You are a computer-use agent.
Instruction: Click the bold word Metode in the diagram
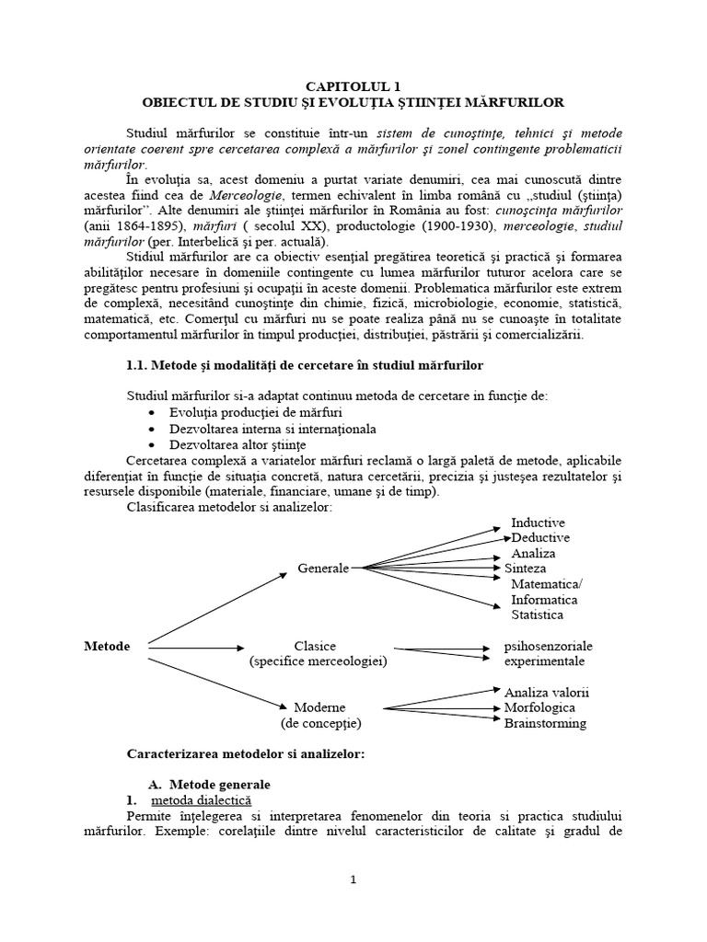tap(107, 647)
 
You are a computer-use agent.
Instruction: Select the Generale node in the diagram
tap(323, 569)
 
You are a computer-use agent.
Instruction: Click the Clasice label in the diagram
tap(315, 647)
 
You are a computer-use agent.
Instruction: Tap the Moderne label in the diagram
tap(319, 708)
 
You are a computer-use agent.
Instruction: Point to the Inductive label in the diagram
tap(538, 523)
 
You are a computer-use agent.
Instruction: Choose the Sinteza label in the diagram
tap(525, 569)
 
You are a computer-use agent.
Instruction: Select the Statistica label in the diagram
tap(538, 615)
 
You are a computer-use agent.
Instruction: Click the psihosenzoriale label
tap(549, 647)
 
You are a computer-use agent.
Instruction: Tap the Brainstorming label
tap(545, 723)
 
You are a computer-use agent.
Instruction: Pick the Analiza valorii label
tap(546, 692)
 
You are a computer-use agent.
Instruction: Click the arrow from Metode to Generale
tap(216, 608)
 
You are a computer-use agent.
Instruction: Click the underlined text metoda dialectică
tap(194, 801)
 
